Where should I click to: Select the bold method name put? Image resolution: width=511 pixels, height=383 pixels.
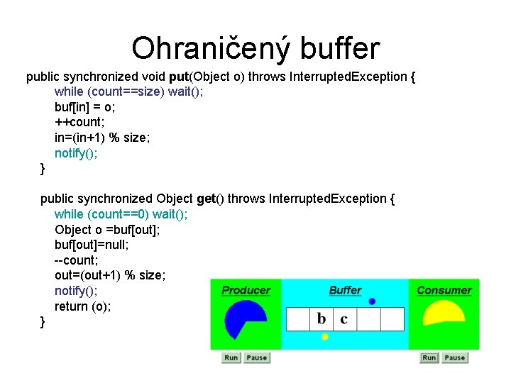[181, 76]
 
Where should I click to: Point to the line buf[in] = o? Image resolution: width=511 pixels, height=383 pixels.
[85, 107]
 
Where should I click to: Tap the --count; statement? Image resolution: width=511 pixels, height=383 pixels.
[77, 260]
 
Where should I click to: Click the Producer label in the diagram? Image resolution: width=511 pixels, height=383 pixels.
[246, 290]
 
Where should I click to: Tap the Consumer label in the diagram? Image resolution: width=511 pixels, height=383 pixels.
[444, 290]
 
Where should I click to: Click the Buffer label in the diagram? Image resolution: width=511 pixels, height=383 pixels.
[345, 290]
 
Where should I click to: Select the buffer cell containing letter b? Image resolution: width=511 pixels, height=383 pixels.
[322, 318]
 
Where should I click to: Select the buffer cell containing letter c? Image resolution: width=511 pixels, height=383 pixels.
[344, 318]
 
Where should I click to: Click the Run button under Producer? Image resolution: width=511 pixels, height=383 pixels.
[231, 357]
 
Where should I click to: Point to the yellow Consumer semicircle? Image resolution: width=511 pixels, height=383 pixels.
[444, 313]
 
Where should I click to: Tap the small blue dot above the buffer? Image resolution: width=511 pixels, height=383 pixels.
[372, 301]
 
